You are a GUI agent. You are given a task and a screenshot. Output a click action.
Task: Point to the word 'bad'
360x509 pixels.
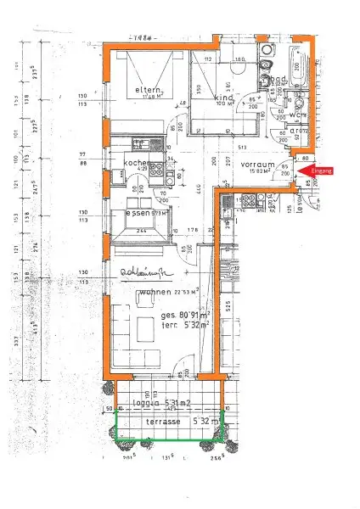click(278, 79)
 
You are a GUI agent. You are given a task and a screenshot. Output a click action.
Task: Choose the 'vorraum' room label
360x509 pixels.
click(257, 163)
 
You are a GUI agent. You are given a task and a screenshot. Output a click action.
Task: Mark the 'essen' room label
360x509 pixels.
click(138, 213)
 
